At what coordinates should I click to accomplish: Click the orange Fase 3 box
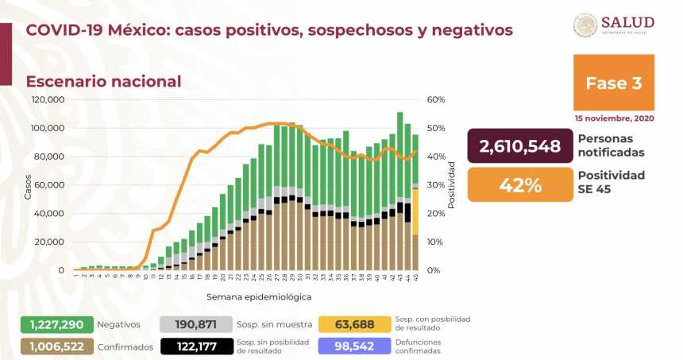613,83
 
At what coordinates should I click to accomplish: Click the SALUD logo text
627,22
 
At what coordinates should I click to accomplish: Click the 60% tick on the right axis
436,100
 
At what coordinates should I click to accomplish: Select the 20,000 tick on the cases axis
50,242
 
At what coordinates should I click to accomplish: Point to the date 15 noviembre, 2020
614,118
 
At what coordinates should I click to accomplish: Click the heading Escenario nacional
103,81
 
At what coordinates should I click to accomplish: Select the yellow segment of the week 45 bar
415,211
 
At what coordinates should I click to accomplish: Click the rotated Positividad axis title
452,185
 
